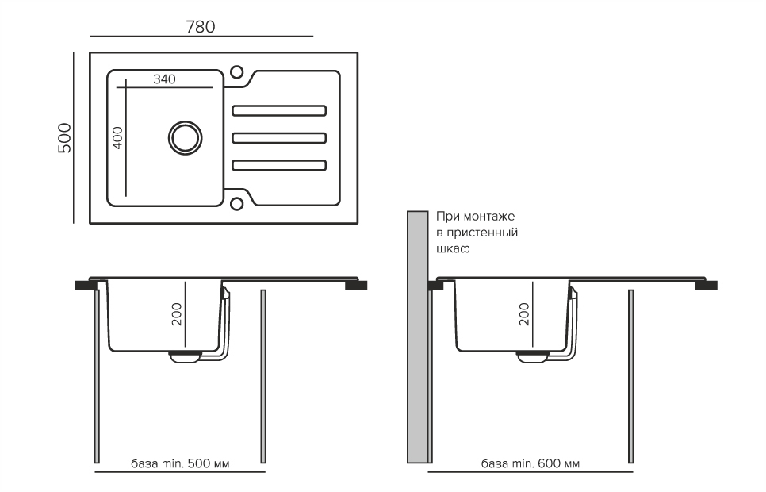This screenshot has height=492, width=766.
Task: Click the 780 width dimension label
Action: click(x=201, y=26)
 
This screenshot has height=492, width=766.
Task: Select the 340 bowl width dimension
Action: click(x=164, y=79)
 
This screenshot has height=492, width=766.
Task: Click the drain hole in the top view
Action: click(x=185, y=137)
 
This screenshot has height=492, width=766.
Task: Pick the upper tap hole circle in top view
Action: click(x=236, y=72)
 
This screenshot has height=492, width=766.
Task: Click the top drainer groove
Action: click(x=278, y=110)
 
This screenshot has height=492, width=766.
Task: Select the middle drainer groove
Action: click(x=278, y=138)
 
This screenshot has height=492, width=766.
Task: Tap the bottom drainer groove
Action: click(x=278, y=165)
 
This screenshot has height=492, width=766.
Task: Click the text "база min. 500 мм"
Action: click(x=178, y=463)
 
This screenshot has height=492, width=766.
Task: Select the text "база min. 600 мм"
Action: click(x=530, y=463)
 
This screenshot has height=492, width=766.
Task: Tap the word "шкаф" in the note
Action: click(x=453, y=248)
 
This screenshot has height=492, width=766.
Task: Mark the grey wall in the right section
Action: click(x=417, y=337)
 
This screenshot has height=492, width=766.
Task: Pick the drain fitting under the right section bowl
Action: click(x=532, y=356)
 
